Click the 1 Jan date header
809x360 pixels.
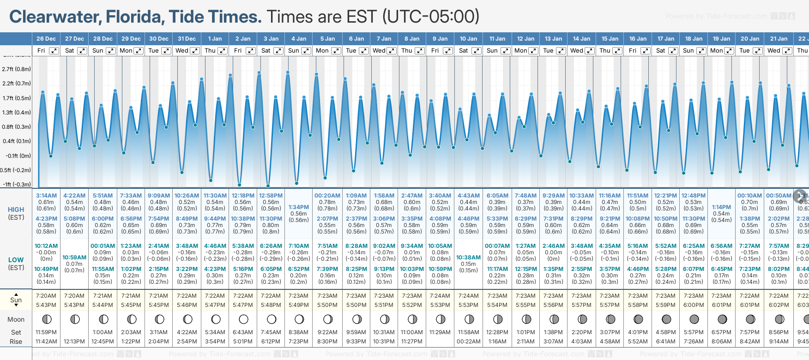[x=215, y=39]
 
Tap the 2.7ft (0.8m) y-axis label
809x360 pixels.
[x=17, y=69]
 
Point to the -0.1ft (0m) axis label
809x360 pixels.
[x=18, y=156]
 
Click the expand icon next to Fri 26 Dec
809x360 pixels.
[x=54, y=51]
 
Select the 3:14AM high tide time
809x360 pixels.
[x=46, y=196]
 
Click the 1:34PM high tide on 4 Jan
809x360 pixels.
[x=298, y=207]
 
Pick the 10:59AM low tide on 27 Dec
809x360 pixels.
[x=74, y=258]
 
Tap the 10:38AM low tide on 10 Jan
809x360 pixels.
[x=468, y=258]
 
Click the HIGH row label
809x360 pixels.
[x=16, y=210]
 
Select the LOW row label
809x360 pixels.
[x=16, y=260]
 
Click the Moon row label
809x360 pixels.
[x=16, y=319]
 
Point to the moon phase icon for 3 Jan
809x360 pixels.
[x=271, y=319]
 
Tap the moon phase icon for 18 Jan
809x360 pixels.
[x=694, y=319]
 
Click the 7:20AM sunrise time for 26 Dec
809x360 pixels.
[x=46, y=296]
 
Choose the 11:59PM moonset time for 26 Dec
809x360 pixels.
[x=46, y=332]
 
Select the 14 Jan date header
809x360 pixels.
[x=582, y=39]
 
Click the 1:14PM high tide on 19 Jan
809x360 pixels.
[x=721, y=207]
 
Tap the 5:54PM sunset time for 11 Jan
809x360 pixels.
[x=497, y=305]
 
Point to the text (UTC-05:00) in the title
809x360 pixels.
[x=431, y=17]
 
